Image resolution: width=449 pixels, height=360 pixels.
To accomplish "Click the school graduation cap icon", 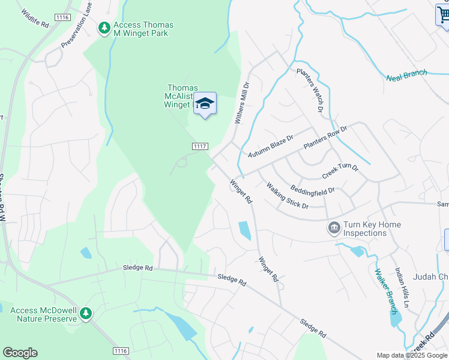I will point(205,104).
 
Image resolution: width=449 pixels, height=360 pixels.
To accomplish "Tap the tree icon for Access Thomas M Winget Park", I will point(104,28).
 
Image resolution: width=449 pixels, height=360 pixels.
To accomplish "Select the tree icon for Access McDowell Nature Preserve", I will point(86,313).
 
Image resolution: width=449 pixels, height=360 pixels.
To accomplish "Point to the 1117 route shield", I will point(200,146).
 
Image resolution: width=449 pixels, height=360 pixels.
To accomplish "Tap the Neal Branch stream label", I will point(406,75).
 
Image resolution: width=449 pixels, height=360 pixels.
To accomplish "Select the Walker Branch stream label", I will point(385,292).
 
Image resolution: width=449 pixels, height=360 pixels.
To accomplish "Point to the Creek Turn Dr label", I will point(340,171).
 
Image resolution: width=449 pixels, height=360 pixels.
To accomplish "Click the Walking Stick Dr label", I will point(288,196).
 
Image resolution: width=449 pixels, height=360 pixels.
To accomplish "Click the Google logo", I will point(20,353).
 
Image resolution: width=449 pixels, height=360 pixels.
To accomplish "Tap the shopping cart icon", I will point(442,15).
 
